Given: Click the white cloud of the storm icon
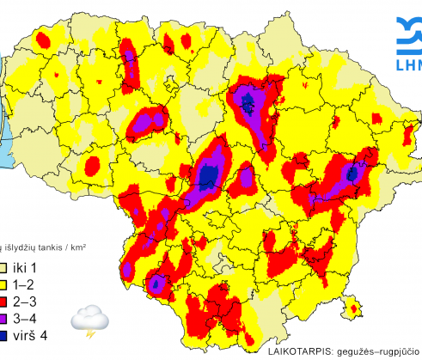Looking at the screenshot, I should tap(89, 317).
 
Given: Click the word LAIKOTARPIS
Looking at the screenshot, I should tap(297, 352).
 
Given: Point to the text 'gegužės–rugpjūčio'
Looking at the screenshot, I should tap(379, 352).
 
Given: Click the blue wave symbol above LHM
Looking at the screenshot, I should tap(410, 34).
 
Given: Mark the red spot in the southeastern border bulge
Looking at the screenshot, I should tap(352, 307).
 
